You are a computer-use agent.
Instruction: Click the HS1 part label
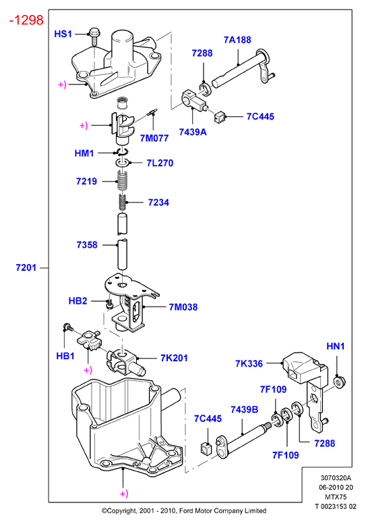[x=63, y=34]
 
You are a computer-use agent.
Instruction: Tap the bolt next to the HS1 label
[x=93, y=37]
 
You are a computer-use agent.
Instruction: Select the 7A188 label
[x=237, y=40]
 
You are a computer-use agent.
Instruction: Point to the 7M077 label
[x=154, y=138]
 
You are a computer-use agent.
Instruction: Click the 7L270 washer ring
[x=123, y=163]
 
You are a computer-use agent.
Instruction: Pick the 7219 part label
[x=86, y=181]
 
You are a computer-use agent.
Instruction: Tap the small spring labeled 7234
[x=123, y=203]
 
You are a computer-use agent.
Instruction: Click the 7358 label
[x=87, y=245]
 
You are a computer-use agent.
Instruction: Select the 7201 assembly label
[x=26, y=267]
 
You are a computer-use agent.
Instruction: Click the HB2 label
[x=78, y=300]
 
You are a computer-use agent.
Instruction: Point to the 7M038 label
[x=183, y=307]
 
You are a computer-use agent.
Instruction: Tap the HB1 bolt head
[x=67, y=327]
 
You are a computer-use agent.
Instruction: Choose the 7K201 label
[x=174, y=358]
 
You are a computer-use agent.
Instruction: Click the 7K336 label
[x=249, y=363]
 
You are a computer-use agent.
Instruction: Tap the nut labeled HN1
[x=340, y=382]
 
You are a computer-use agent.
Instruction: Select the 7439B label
[x=245, y=409]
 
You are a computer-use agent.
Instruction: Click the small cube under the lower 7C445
[x=206, y=448]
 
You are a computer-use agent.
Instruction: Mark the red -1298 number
[x=26, y=20]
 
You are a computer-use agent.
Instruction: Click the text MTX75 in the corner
[x=336, y=497]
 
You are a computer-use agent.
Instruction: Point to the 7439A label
[x=193, y=132]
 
